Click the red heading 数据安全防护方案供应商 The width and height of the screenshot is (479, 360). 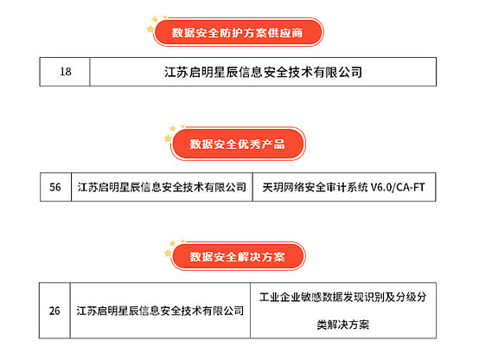(237, 32)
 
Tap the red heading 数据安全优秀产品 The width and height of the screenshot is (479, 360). (237, 144)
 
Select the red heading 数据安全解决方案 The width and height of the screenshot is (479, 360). (237, 256)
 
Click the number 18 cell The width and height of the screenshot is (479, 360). (66, 72)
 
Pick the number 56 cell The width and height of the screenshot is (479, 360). (55, 187)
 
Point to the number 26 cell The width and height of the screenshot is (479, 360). (54, 311)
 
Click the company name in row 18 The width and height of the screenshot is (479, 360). (263, 72)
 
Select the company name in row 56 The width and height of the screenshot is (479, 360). (162, 187)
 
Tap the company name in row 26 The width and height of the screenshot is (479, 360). (160, 311)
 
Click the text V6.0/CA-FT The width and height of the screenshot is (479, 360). (398, 187)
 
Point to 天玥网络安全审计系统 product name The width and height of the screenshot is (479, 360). (315, 187)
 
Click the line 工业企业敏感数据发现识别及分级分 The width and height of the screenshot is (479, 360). (342, 297)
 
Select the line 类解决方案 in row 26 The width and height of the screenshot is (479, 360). (342, 325)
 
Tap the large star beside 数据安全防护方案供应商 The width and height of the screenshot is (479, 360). (150, 29)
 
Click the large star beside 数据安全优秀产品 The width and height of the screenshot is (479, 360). (168, 138)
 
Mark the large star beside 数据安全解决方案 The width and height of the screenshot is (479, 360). (168, 253)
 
